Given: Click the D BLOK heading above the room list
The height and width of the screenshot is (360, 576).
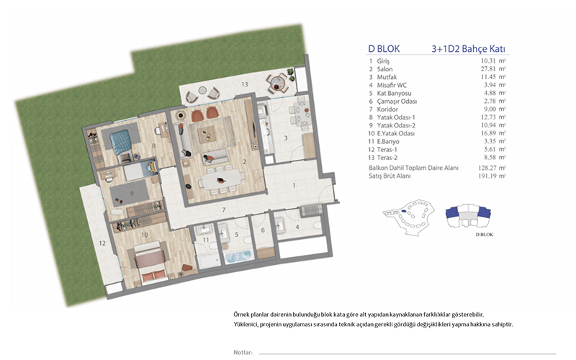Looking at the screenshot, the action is pos(384,49).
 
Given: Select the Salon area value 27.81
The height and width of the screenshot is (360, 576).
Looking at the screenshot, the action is pos(488,69).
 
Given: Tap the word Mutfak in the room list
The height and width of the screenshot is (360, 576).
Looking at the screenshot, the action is pos(387,77).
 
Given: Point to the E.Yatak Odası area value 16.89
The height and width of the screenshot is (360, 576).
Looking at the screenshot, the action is pos(488,133).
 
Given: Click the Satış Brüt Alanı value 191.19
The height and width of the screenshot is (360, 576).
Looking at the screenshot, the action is pos(487,176).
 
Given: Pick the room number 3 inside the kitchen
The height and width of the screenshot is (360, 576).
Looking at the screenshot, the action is pos(285,138).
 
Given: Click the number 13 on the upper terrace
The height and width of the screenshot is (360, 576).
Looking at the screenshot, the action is pos(245,84).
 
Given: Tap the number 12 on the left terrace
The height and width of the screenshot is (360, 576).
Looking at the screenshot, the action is pos(102,243).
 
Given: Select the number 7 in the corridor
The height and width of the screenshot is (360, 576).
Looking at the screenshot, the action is pos(223,210).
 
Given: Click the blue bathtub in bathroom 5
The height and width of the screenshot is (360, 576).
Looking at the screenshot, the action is pos(239,256).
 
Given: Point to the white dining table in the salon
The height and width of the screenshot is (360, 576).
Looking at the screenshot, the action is pos(222,180).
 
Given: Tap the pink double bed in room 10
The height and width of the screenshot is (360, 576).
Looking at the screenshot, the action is pos(150,262).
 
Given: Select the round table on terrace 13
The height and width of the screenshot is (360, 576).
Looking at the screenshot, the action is pos(276,83).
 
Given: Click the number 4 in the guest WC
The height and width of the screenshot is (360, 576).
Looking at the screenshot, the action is pos(297,227).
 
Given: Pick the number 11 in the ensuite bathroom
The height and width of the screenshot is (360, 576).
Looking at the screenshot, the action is pos(206,240).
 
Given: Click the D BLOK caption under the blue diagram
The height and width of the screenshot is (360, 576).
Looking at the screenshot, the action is pos(484,235).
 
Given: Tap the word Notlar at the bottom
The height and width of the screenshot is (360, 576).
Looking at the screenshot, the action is pos(243,352).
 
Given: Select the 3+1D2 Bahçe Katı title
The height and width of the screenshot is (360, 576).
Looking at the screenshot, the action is pos(469,49).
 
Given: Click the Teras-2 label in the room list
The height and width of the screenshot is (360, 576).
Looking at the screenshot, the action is pos(387,158).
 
